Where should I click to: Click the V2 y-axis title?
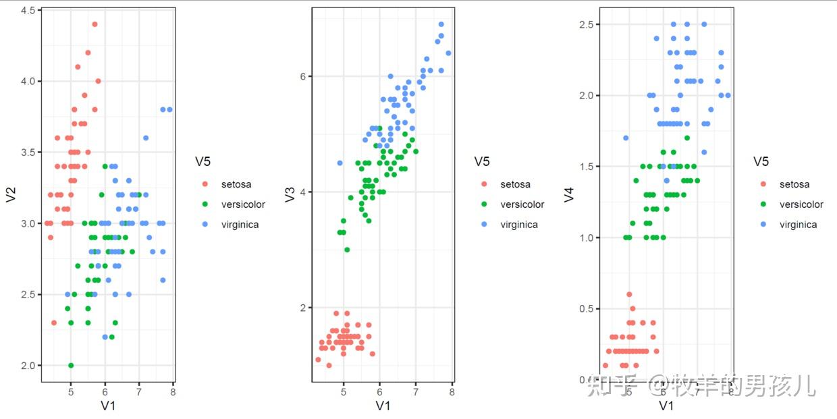[10, 194]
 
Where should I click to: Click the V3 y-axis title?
[290, 194]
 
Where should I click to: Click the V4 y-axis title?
[569, 194]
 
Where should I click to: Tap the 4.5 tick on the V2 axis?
[28, 10]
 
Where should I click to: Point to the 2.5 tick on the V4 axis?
[586, 24]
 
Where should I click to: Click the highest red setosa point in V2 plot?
[94, 24]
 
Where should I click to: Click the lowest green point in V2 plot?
[71, 365]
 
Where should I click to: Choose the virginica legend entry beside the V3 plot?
[518, 225]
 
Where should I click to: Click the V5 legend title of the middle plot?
[481, 161]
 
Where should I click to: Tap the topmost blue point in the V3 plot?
[441, 24]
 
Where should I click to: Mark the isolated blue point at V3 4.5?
[340, 163]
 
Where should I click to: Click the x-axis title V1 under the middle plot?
[383, 406]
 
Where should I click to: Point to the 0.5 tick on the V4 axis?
[586, 308]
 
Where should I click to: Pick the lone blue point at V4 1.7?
[626, 138]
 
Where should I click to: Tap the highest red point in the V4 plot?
[629, 294]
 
